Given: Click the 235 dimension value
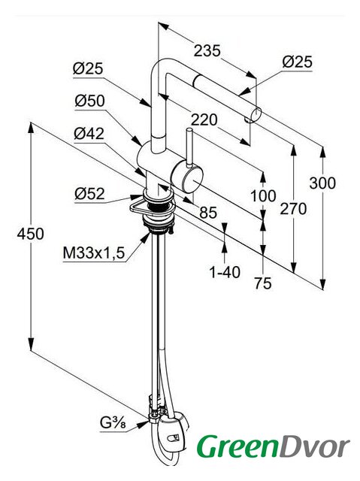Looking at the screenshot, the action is click(x=207, y=50).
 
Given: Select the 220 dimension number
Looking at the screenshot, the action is click(x=204, y=119).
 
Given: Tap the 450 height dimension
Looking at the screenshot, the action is click(x=30, y=234).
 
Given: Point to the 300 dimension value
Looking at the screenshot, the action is click(x=322, y=183).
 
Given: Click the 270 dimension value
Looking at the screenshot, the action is click(x=293, y=209).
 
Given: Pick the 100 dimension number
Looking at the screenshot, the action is click(x=263, y=195).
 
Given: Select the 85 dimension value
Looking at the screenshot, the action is click(x=208, y=212).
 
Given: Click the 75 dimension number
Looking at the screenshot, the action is click(x=263, y=283).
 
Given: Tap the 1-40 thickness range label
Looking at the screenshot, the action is click(x=225, y=272).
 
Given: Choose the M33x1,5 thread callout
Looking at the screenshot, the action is click(x=94, y=253).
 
